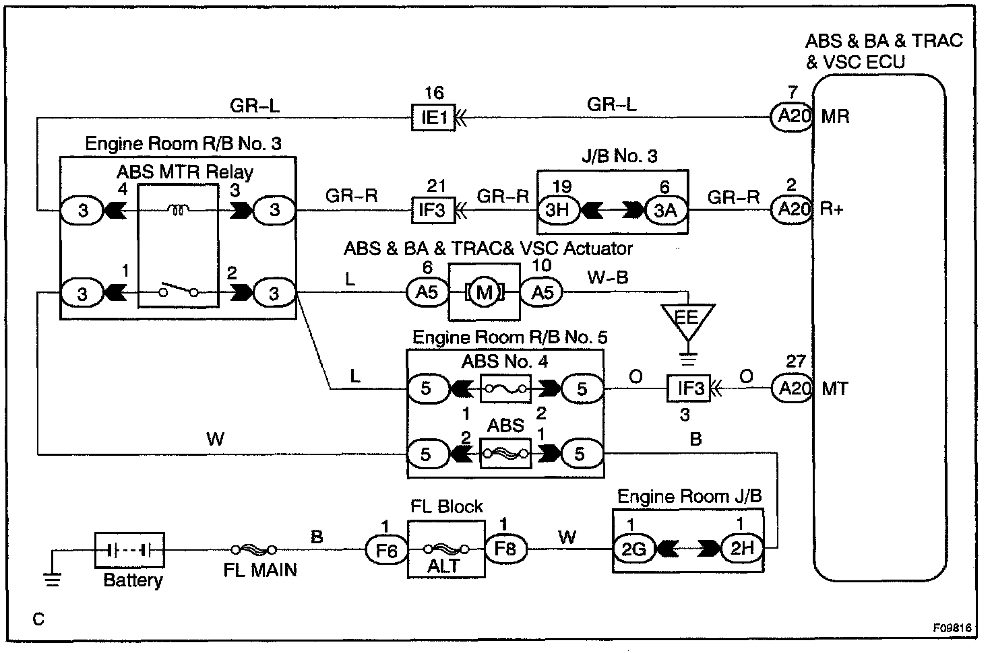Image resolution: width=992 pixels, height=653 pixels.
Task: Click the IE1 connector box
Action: (435, 118)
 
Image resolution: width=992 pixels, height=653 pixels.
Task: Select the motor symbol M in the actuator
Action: (485, 293)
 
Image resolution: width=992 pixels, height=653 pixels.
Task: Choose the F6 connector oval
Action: (386, 550)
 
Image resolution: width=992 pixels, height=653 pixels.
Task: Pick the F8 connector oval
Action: (505, 549)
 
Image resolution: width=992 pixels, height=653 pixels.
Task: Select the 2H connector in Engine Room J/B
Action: (741, 549)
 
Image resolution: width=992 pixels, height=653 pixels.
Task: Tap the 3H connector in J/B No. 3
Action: (557, 209)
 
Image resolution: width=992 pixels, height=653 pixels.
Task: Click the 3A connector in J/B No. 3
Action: (665, 209)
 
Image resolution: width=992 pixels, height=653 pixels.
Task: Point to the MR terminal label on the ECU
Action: (836, 117)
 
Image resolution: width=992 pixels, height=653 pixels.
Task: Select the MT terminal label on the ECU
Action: (835, 389)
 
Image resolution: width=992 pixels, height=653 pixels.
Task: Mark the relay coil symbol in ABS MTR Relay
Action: (179, 210)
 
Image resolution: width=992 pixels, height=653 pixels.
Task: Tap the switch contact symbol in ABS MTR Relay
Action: (179, 292)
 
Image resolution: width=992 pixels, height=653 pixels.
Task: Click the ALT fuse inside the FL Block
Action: (445, 549)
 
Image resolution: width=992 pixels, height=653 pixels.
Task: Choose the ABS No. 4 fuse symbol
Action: (505, 388)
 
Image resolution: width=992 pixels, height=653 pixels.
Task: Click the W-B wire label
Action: (608, 277)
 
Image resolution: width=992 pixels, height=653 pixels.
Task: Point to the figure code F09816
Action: (952, 627)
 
